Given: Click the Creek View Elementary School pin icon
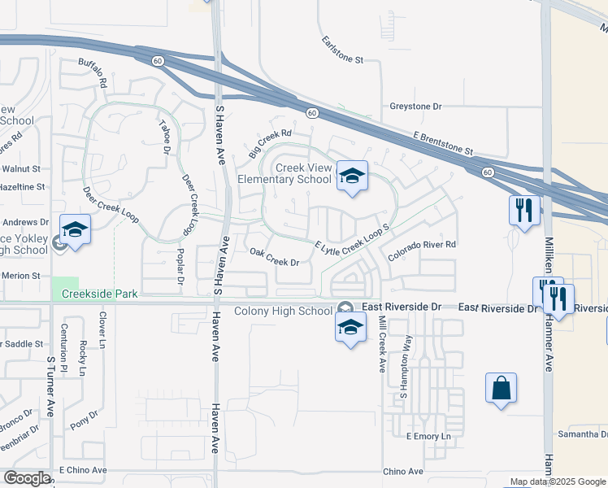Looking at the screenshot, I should pyautogui.click(x=352, y=176).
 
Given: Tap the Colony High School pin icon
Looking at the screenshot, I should pyautogui.click(x=350, y=328).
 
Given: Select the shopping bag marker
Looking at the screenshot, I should pyautogui.click(x=502, y=388).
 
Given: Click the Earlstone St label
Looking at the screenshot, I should pyautogui.click(x=342, y=50).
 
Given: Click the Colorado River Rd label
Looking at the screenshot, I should pyautogui.click(x=422, y=250).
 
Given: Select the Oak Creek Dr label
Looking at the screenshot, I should pyautogui.click(x=275, y=256).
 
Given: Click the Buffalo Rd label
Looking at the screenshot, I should pyautogui.click(x=93, y=72).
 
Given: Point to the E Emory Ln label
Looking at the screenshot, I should pyautogui.click(x=428, y=437).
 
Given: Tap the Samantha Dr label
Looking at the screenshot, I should pyautogui.click(x=582, y=435).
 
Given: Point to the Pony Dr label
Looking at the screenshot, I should pyautogui.click(x=85, y=419).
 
